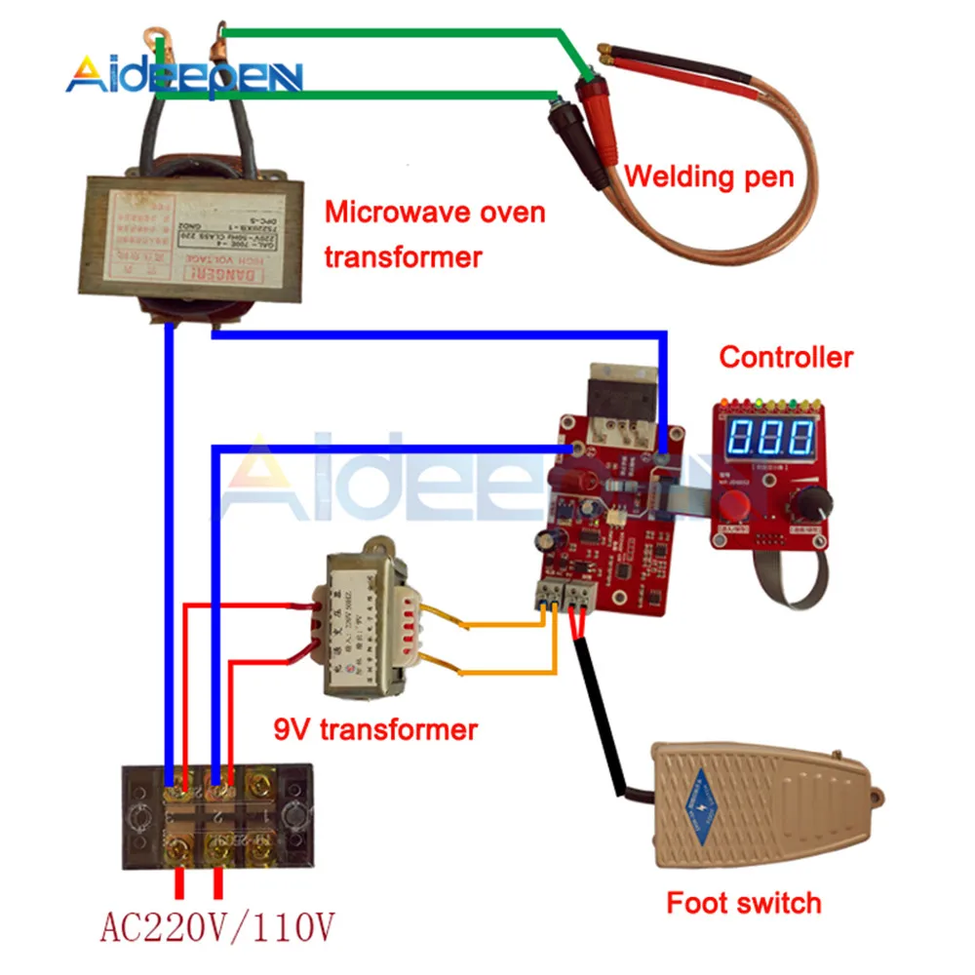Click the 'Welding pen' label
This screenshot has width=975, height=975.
[709, 177]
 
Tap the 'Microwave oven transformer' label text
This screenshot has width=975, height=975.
[435, 234]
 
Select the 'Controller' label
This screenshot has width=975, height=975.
[786, 357]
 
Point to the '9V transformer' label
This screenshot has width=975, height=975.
[375, 729]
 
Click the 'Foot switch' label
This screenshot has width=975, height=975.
[743, 903]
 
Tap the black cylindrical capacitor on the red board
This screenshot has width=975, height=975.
[542, 545]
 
